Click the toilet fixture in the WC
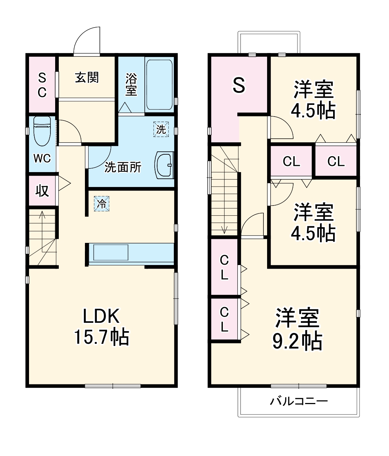41,130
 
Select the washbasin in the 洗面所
164,166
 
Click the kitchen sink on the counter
111,252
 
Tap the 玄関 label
87,77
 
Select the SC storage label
42,85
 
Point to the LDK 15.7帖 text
101,326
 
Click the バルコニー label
299,401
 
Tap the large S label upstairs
239,86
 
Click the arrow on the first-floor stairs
42,218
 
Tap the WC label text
42,158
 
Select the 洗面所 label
123,167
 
